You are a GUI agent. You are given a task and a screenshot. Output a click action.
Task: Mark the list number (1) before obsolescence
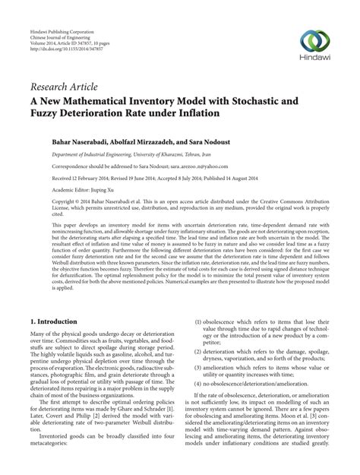point(198,342)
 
